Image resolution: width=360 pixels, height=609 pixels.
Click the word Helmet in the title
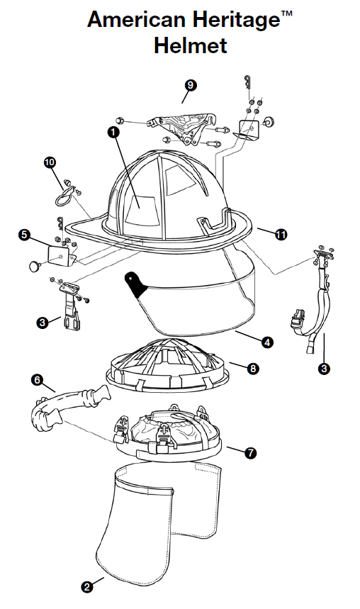click(191, 45)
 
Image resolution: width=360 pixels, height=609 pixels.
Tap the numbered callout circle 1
click(113, 132)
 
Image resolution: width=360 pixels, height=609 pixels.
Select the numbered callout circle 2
click(87, 587)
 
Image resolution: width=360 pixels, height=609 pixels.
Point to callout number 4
click(267, 342)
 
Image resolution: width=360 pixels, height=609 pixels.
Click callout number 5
click(25, 235)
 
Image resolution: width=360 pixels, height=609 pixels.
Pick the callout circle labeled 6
click(38, 379)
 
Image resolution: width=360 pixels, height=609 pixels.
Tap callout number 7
click(251, 452)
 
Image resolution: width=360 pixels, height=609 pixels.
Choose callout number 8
click(253, 368)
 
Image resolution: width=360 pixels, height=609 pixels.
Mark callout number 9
click(191, 85)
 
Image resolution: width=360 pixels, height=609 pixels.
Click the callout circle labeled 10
click(50, 162)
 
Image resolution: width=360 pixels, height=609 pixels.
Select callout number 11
click(281, 235)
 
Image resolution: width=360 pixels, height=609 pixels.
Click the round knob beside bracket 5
click(35, 266)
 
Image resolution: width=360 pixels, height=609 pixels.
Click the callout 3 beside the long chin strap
click(325, 368)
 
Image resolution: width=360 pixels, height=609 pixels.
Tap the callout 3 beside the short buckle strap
click(43, 322)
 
